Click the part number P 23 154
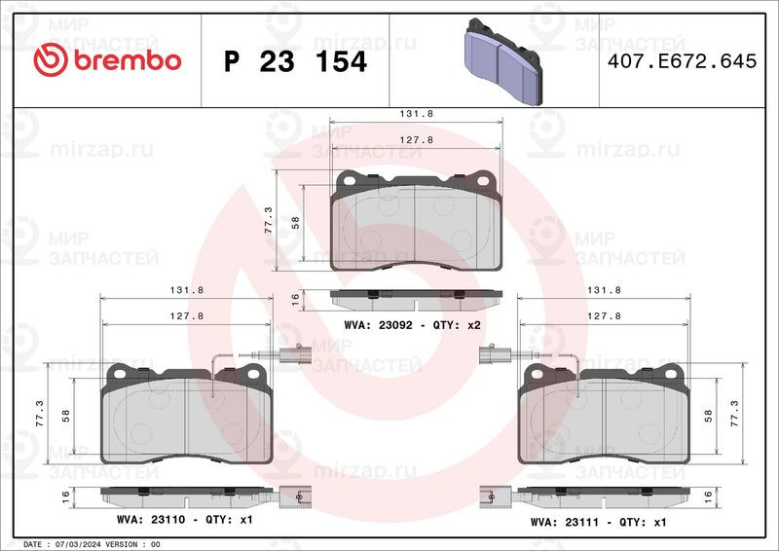[295, 61]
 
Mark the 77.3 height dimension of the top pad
[269, 221]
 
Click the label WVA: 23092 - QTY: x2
[413, 325]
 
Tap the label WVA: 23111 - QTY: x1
[599, 522]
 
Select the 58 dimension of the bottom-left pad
[66, 415]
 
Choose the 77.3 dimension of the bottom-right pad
[747, 414]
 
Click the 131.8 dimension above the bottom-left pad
[186, 290]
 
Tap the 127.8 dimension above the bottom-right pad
[605, 315]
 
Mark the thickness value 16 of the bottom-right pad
[720, 496]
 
